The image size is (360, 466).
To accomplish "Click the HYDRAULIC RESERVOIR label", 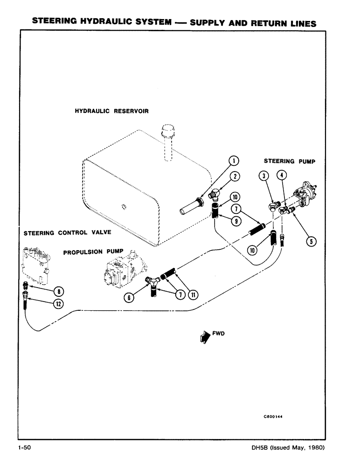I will [111, 111].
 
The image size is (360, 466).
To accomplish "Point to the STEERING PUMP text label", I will [290, 161].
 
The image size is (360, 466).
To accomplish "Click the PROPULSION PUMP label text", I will [93, 252].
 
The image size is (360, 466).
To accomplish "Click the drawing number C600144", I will [274, 417].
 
